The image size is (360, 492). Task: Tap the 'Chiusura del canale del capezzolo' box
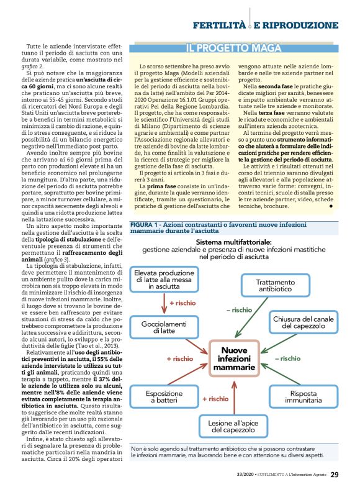pos(304,322)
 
